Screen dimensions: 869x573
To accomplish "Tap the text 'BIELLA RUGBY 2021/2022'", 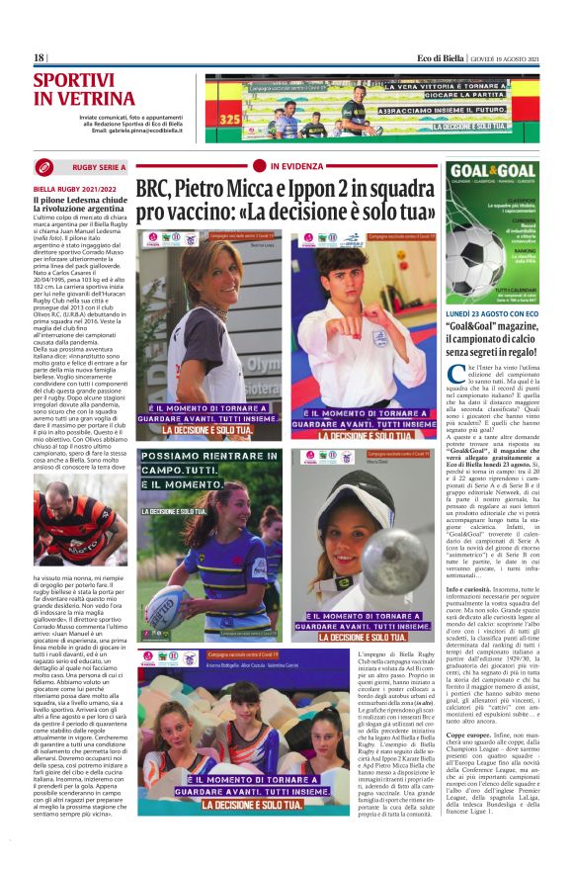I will coord(74,188).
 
